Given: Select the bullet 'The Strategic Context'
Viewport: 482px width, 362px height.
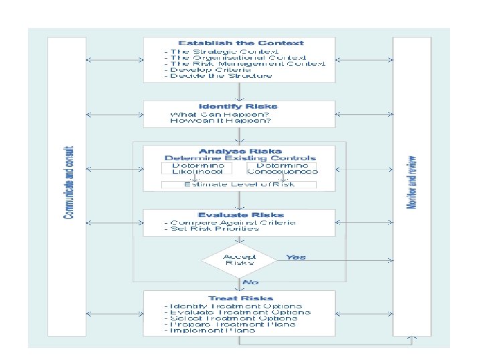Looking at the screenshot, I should click(x=210, y=52).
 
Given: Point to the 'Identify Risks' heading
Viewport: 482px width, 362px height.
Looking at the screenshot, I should click(x=238, y=107).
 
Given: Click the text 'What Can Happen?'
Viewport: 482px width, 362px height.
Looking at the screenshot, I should click(x=220, y=114).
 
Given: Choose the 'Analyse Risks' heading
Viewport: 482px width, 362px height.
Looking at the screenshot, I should click(x=240, y=151).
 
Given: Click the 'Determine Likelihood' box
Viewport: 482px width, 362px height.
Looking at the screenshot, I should click(x=197, y=168).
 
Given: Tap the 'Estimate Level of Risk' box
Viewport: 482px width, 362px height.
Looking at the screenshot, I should click(x=239, y=184).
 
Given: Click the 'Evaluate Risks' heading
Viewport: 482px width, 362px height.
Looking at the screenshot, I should click(x=240, y=215).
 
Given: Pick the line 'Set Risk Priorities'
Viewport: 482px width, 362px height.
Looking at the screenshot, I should click(x=212, y=229).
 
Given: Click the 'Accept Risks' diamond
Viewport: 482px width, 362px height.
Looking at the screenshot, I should click(x=239, y=259).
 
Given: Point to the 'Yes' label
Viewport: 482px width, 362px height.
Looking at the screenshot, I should click(x=295, y=257).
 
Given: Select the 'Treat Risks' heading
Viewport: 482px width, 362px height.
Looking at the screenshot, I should click(x=240, y=298).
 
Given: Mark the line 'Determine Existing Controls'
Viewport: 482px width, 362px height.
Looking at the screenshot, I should click(x=240, y=158).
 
